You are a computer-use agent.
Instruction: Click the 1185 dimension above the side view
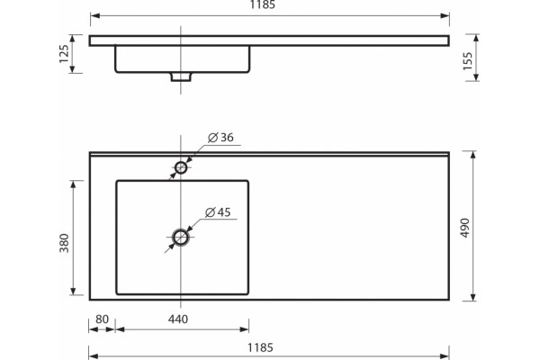tap(263, 4)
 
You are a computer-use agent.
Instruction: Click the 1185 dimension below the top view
tap(260, 347)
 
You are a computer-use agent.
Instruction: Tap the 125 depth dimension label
tap(64, 54)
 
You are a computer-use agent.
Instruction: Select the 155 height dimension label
tap(467, 61)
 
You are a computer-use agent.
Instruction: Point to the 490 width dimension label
tap(465, 228)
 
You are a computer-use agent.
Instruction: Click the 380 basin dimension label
tap(65, 243)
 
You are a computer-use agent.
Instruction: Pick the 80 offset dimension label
tap(102, 319)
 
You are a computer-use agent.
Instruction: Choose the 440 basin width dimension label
tap(178, 319)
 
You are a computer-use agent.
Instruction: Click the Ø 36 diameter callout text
tap(220, 138)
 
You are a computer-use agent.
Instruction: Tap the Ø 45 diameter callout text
tap(218, 212)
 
